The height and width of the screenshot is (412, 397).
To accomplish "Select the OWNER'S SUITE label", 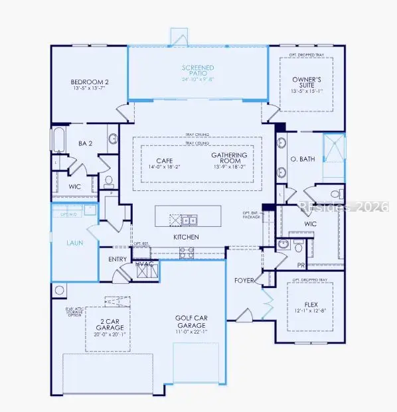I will [x=306, y=82].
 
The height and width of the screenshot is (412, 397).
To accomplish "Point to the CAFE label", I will [x=164, y=161].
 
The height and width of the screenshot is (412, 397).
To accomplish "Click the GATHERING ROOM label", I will [x=229, y=158].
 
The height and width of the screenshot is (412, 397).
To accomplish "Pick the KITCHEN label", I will [x=186, y=237].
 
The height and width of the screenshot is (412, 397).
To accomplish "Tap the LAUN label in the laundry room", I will [x=74, y=243].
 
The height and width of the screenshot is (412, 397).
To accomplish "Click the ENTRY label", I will [x=108, y=259].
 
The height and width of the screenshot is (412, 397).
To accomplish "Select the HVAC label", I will [x=145, y=263].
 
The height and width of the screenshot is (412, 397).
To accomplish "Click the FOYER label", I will [x=244, y=281].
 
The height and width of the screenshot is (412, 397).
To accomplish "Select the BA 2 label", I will [x=84, y=143].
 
